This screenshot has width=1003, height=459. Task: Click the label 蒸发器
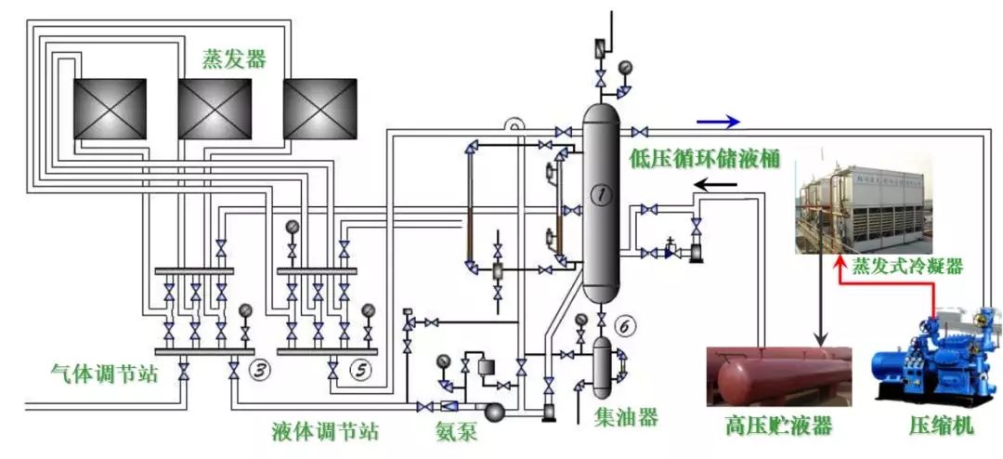(x=234, y=59)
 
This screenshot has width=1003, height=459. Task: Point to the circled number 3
(x=260, y=371)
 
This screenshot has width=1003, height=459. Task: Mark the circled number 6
(x=626, y=326)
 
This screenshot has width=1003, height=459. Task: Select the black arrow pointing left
(x=719, y=184)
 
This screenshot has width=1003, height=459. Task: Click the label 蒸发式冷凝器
(x=907, y=267)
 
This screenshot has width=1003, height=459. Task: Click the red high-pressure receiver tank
(x=778, y=376)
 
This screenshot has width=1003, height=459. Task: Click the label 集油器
(x=627, y=417)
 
